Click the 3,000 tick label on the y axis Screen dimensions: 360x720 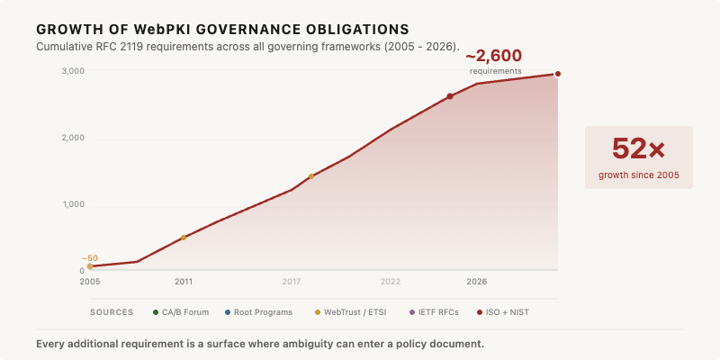pyautogui.click(x=73, y=71)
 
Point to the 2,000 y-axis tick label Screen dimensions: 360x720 pyautogui.click(x=73, y=138)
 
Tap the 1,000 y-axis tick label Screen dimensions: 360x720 pyautogui.click(x=73, y=204)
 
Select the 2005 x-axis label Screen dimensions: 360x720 pyautogui.click(x=89, y=282)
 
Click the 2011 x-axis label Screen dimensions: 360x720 pyautogui.click(x=184, y=282)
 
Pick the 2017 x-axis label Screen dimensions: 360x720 pyautogui.click(x=292, y=282)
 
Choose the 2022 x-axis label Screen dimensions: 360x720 pyautogui.click(x=391, y=282)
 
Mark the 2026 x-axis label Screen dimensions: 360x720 pyautogui.click(x=477, y=282)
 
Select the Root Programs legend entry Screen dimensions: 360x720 pyautogui.click(x=258, y=312)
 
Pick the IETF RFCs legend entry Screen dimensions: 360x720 pyautogui.click(x=434, y=312)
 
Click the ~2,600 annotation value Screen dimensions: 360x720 pyautogui.click(x=493, y=56)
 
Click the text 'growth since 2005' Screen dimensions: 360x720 pyautogui.click(x=639, y=175)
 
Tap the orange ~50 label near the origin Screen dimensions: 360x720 pyautogui.click(x=89, y=258)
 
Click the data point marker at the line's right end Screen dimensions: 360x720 pyautogui.click(x=558, y=74)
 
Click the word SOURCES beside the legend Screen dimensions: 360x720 pyautogui.click(x=112, y=312)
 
